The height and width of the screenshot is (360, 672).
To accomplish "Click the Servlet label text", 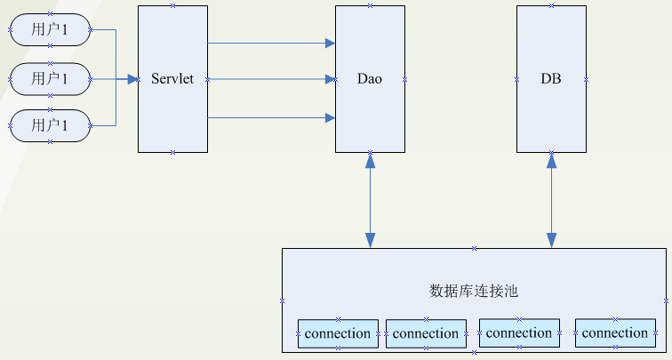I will tap(172, 79).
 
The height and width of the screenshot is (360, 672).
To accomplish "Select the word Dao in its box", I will tap(370, 79).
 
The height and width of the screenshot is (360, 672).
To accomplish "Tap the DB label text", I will tap(551, 79).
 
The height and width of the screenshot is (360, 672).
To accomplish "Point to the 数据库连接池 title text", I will tap(474, 291).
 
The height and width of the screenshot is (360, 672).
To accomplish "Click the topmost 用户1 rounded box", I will tap(51, 29).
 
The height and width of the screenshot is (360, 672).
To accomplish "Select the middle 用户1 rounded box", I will tap(51, 78).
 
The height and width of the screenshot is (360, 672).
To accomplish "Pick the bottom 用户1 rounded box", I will tap(51, 126).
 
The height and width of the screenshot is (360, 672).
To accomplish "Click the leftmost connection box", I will tap(337, 334).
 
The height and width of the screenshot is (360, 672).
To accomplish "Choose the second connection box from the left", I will tap(426, 334).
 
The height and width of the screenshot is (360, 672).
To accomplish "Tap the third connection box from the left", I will tap(519, 333).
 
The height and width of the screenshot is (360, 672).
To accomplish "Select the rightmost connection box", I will tap(616, 333).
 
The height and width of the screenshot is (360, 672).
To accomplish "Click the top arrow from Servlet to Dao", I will tap(267, 42).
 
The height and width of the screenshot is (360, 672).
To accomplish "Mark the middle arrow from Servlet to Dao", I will tap(267, 79).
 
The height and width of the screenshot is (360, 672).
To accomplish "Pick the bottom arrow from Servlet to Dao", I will tap(267, 117).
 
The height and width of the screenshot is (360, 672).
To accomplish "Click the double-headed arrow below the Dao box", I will tap(370, 200).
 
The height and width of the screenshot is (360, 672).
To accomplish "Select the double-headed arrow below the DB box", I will tap(552, 200).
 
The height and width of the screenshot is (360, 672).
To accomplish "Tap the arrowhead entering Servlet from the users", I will tap(133, 79).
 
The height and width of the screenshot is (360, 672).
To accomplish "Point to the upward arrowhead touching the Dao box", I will tap(370, 160).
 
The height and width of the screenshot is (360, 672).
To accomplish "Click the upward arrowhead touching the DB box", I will tap(552, 160).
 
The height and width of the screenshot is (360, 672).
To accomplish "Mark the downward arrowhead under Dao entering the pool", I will tap(370, 240).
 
